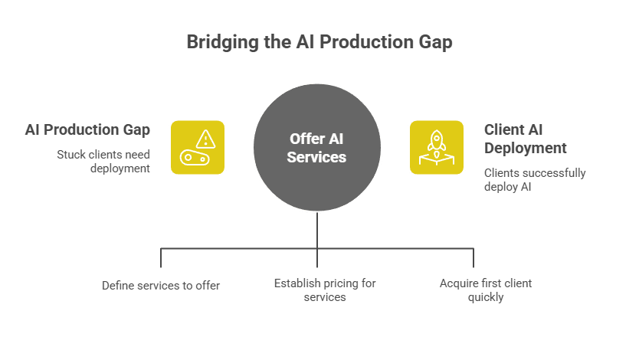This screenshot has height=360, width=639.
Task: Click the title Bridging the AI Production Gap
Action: point(319,41)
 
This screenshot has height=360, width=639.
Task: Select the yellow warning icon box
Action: point(197,147)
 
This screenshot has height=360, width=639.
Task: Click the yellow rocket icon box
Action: point(437,147)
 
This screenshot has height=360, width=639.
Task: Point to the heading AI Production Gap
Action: point(87,129)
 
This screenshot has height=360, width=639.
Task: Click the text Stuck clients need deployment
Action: point(103,161)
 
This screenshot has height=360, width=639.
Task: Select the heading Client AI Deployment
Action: point(525,139)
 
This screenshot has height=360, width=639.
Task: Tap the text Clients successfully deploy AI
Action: point(534,180)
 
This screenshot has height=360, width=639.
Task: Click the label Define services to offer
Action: point(161,286)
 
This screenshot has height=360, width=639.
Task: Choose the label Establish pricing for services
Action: point(325,290)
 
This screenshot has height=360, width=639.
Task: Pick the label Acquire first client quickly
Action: point(485,290)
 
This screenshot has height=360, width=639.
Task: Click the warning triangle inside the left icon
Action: point(205,139)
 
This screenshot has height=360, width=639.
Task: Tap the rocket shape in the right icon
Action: point(437,140)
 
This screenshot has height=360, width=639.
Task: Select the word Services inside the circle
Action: point(317,157)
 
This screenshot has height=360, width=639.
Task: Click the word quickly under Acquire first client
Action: point(485,297)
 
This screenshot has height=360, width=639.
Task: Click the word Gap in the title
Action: point(434,41)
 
